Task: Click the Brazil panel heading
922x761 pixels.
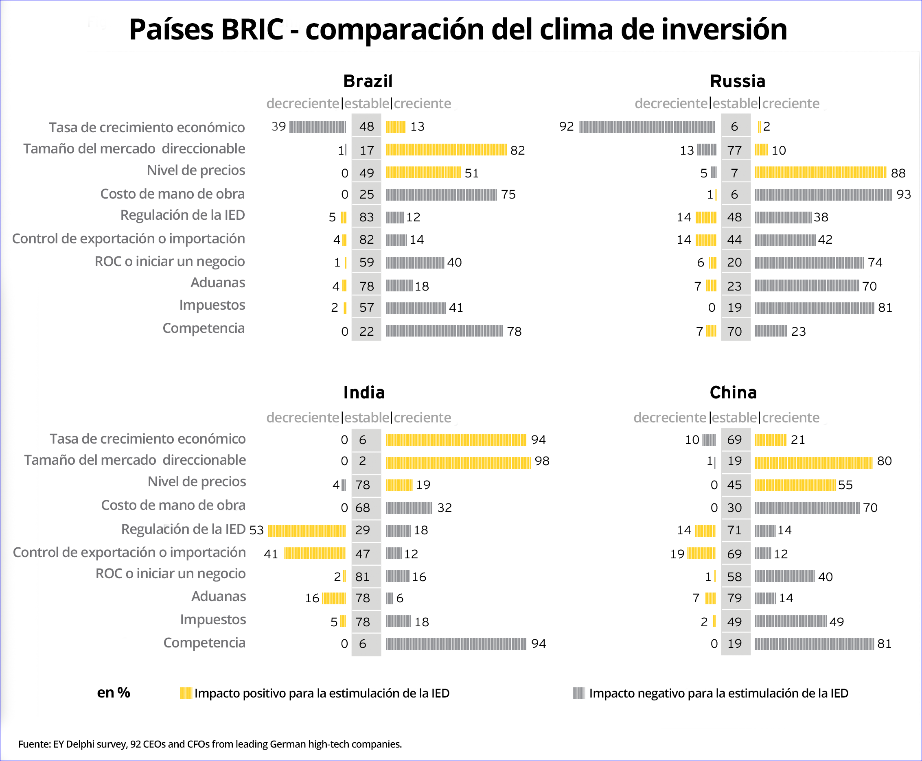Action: tap(368, 81)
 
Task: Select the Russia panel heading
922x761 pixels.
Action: tap(738, 81)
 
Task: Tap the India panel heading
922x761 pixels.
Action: tap(364, 392)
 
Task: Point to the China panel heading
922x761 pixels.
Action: tap(733, 392)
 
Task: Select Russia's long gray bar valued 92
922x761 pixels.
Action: tap(647, 127)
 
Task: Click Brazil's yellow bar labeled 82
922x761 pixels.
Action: tap(446, 150)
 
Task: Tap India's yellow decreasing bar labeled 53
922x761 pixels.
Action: tap(307, 531)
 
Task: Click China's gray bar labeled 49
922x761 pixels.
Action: tap(791, 621)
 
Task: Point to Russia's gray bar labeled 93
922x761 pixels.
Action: tap(823, 194)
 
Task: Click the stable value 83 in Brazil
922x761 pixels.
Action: tap(366, 217)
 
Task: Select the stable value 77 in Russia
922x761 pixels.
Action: tap(734, 150)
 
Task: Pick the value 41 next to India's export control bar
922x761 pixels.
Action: tap(271, 554)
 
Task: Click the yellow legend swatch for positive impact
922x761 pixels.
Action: tap(186, 693)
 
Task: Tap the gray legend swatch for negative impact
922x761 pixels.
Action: tap(579, 693)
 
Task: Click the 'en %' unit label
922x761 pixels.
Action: tap(114, 693)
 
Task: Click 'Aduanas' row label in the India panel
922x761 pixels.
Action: tap(218, 597)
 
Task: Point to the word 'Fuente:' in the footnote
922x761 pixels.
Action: tap(34, 744)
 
